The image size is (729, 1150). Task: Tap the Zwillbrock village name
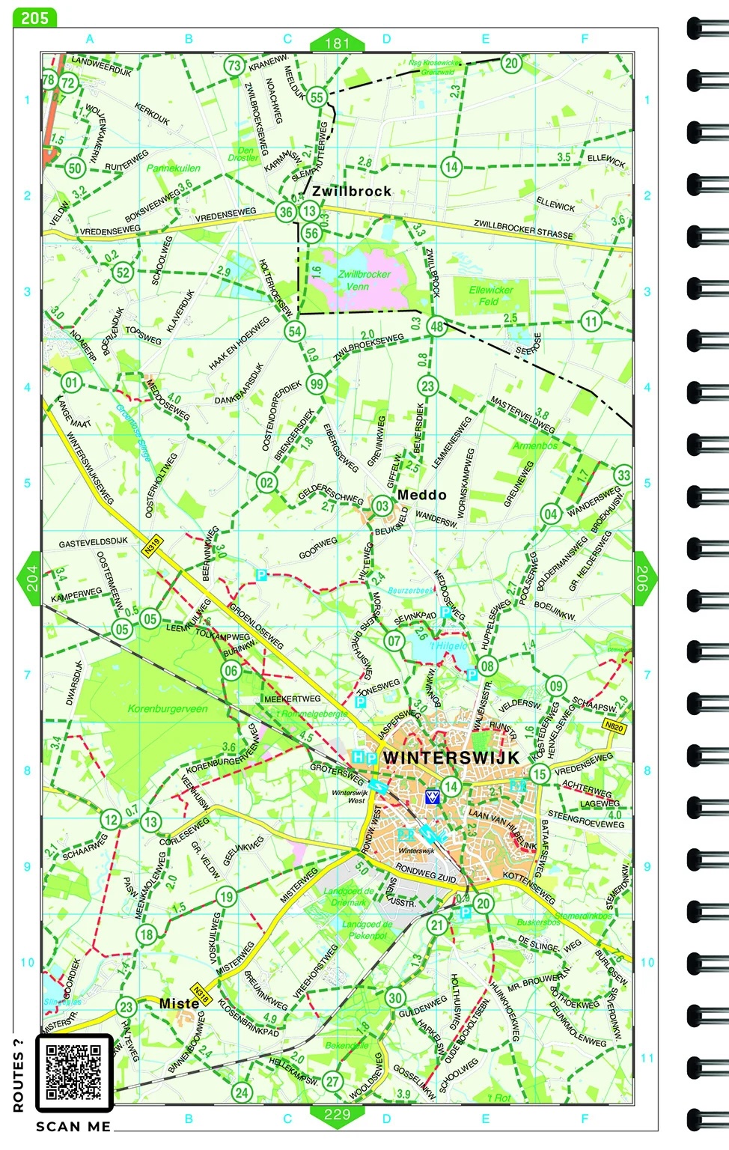352,192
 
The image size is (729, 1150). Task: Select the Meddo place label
421,495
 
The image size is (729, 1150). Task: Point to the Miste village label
179,1003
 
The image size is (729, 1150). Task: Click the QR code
73,1073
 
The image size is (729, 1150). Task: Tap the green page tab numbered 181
337,43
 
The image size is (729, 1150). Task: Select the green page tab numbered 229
337,1114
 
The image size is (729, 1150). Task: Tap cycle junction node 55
317,97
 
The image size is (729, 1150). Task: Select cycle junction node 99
317,384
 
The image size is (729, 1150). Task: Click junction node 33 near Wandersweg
623,475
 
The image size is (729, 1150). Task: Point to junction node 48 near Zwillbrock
436,326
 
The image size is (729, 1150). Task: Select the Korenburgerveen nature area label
168,708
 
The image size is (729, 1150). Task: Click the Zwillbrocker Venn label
364,280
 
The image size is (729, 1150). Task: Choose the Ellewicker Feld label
491,295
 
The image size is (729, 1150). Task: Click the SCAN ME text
73,1127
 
